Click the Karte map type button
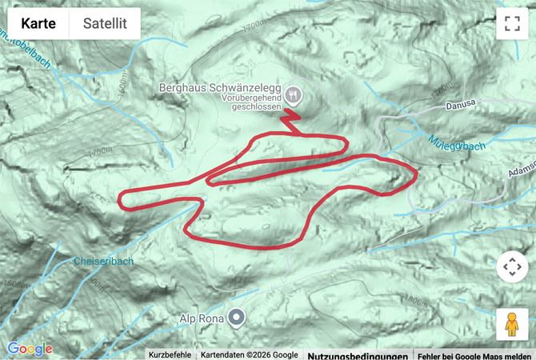click(38, 24)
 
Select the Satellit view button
click(105, 24)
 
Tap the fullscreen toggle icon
click(512, 24)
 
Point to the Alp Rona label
click(202, 318)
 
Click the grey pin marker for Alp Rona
click(236, 318)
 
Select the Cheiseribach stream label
click(103, 262)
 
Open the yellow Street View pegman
click(512, 324)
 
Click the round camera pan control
click(512, 266)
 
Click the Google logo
click(30, 349)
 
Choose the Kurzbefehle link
click(169, 354)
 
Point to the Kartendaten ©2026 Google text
click(249, 354)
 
